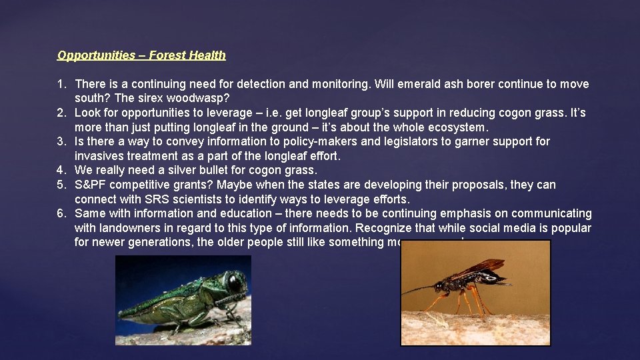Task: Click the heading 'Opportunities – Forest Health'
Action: (141, 55)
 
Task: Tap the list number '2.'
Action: (62, 113)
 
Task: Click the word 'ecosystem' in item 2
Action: (458, 127)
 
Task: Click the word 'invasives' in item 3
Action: (98, 156)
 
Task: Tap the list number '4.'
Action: (62, 171)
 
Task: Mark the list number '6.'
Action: (62, 214)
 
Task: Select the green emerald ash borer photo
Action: (183, 300)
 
